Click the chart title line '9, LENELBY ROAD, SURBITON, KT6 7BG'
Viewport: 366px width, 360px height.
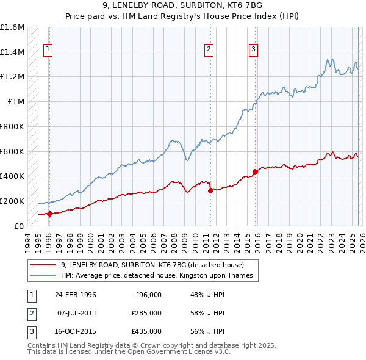coord(183,5)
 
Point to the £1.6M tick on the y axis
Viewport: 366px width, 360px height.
coord(12,27)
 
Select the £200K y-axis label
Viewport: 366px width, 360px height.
coord(12,201)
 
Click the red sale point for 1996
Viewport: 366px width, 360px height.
coord(49,214)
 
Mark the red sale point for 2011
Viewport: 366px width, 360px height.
coord(210,190)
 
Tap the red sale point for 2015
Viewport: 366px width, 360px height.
coord(256,171)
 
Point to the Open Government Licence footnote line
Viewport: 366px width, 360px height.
coord(129,352)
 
